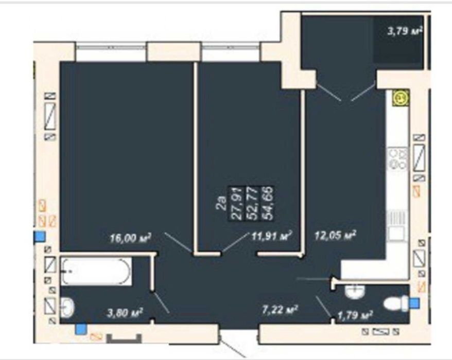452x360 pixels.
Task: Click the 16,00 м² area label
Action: point(131,238)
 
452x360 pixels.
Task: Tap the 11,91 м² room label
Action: point(271,236)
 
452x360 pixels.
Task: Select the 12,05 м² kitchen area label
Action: point(335,236)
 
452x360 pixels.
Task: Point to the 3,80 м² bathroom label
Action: point(125,313)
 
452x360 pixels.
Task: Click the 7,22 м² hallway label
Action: point(280,310)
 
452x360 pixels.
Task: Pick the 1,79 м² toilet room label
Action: point(355,315)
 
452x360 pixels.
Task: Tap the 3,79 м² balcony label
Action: point(405,30)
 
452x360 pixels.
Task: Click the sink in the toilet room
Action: point(355,292)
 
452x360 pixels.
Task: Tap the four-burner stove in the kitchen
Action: point(398,158)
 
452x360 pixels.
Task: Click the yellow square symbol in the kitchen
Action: point(401,98)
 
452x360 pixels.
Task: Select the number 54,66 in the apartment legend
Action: point(267,203)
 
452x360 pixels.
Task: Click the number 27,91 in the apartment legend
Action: point(236,203)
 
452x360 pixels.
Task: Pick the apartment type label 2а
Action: point(221,203)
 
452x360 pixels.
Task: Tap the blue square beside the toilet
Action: point(414,303)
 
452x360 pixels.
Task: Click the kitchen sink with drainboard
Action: point(396,225)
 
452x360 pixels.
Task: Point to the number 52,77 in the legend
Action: point(252,203)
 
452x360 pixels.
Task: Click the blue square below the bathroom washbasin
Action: point(81,329)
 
